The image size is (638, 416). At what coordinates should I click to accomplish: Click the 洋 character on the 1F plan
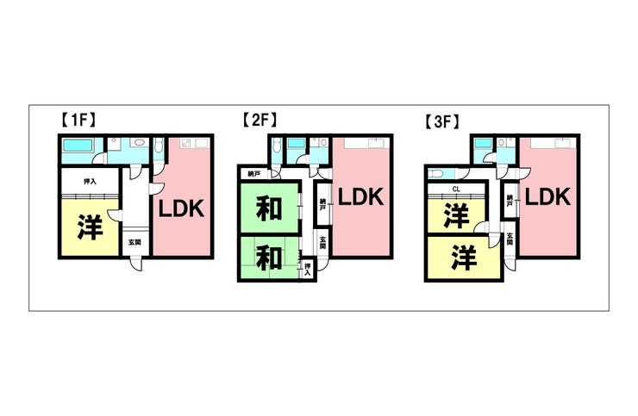[91, 227]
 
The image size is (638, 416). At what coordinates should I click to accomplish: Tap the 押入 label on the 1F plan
[90, 182]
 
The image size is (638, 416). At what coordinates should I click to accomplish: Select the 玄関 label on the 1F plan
[136, 243]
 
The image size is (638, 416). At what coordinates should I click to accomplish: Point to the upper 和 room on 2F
[269, 208]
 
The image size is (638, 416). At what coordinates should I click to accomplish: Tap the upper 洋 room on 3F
[456, 215]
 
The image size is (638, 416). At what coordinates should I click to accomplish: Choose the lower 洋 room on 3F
[466, 258]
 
